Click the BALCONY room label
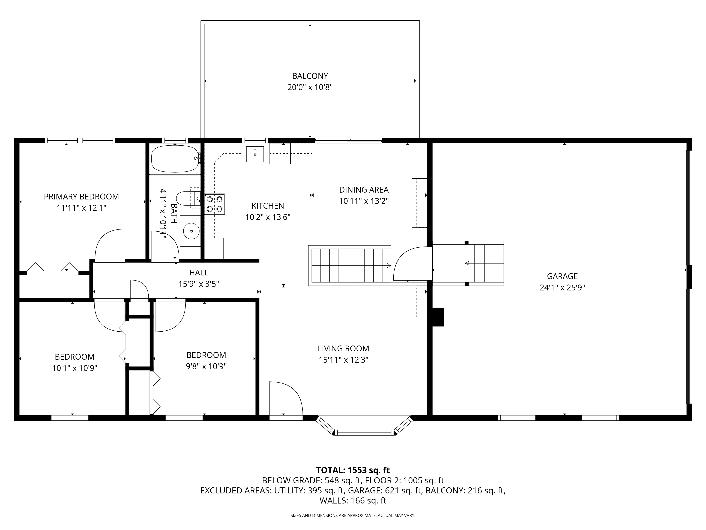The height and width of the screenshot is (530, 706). click(x=310, y=76)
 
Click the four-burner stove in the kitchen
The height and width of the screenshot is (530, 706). click(x=214, y=204)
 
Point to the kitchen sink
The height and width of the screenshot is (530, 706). click(x=255, y=154)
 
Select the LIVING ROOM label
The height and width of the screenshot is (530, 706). click(x=343, y=349)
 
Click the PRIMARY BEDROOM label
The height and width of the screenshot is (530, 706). click(x=81, y=196)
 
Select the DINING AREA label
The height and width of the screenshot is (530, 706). click(x=364, y=190)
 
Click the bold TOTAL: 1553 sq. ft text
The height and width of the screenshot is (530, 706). click(x=353, y=470)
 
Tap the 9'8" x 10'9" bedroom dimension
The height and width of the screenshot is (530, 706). click(x=206, y=366)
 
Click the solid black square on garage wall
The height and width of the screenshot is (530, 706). click(x=438, y=317)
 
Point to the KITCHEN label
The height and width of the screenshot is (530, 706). click(x=267, y=206)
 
